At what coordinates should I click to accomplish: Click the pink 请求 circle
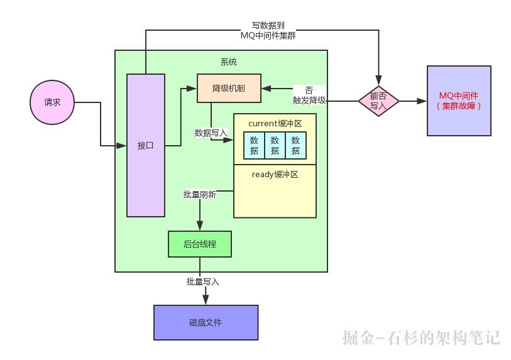(52, 102)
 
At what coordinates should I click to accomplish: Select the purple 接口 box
(146, 145)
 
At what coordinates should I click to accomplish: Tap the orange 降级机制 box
(229, 89)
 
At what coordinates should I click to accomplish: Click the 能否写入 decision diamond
(378, 101)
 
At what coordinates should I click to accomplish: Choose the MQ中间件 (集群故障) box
(459, 101)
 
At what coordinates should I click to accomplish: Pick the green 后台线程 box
(200, 244)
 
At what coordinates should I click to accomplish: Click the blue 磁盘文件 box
(206, 322)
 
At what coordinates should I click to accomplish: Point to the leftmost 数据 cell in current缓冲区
(254, 145)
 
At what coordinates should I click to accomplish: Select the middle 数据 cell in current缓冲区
(275, 145)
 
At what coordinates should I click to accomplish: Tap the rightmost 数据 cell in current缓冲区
(295, 145)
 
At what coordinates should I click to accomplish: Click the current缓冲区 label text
(275, 124)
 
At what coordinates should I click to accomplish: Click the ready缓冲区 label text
(275, 175)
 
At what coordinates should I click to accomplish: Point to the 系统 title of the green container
(229, 62)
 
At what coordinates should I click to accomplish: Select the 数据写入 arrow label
(211, 133)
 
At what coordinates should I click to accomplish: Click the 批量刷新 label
(199, 195)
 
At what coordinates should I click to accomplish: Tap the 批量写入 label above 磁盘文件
(202, 282)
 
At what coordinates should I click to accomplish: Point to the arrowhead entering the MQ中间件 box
(422, 101)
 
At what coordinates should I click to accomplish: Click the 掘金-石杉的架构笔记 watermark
(421, 337)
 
